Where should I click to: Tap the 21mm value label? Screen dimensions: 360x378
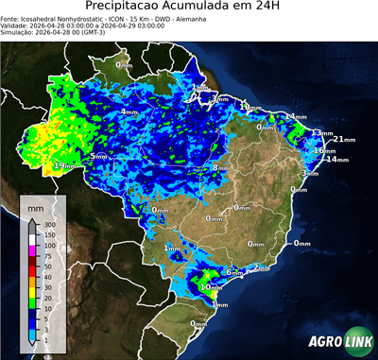click(345, 140)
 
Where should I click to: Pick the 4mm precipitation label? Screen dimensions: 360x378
click(128, 111)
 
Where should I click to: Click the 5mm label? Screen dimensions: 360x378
click(98, 156)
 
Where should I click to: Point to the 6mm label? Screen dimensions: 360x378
click(232, 272)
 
